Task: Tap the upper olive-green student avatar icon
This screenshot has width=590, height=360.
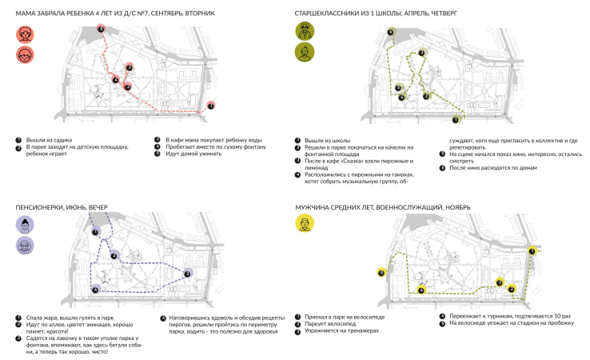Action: pyautogui.click(x=305, y=33)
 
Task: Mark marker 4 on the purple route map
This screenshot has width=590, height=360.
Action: pyautogui.click(x=96, y=290)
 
